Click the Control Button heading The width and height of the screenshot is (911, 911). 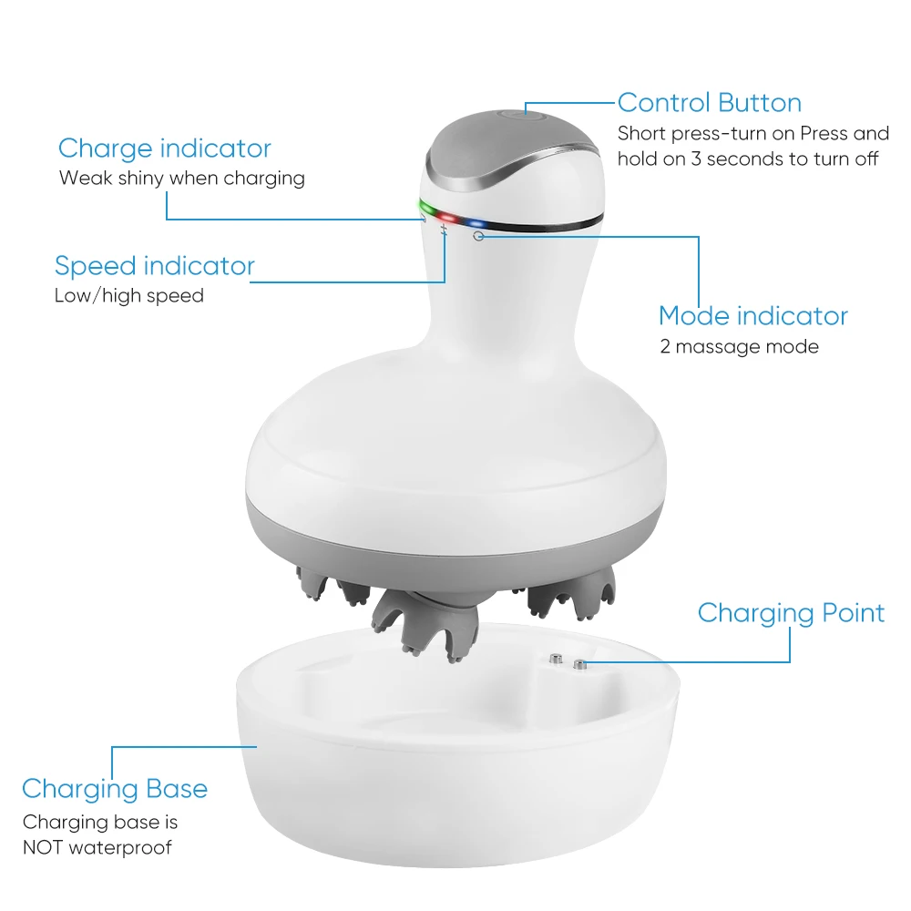coord(709,102)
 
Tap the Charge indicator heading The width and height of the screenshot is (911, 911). coord(164,148)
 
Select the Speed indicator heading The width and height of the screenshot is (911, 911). coord(154,266)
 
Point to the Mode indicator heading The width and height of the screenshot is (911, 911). coord(752,316)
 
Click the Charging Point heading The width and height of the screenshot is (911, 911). coord(791,613)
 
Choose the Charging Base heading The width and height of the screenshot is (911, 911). coord(114,789)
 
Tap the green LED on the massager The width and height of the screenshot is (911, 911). coord(425,209)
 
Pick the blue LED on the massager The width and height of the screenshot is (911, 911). coord(475,222)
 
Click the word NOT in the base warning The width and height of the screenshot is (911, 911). coord(46,847)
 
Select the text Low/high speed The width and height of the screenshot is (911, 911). coord(128,295)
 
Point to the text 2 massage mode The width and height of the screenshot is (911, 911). coord(739,346)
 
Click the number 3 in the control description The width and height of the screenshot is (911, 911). coord(700,159)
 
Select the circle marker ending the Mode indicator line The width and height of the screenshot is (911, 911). coord(478,236)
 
